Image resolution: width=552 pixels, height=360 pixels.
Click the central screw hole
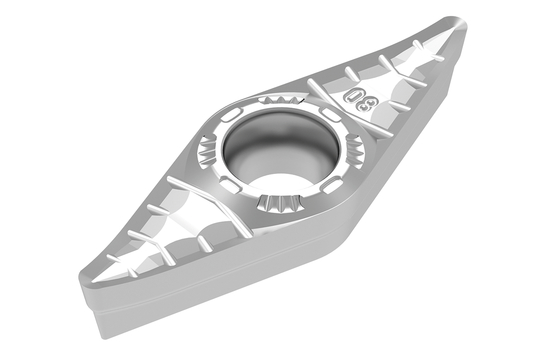[281, 149]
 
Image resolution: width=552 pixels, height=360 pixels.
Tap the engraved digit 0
[352, 94]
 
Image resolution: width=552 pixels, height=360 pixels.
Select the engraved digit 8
[368, 103]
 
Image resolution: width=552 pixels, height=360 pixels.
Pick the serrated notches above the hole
[281, 99]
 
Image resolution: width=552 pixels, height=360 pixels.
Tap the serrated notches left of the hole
[208, 151]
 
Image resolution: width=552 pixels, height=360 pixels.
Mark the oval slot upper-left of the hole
[231, 115]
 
